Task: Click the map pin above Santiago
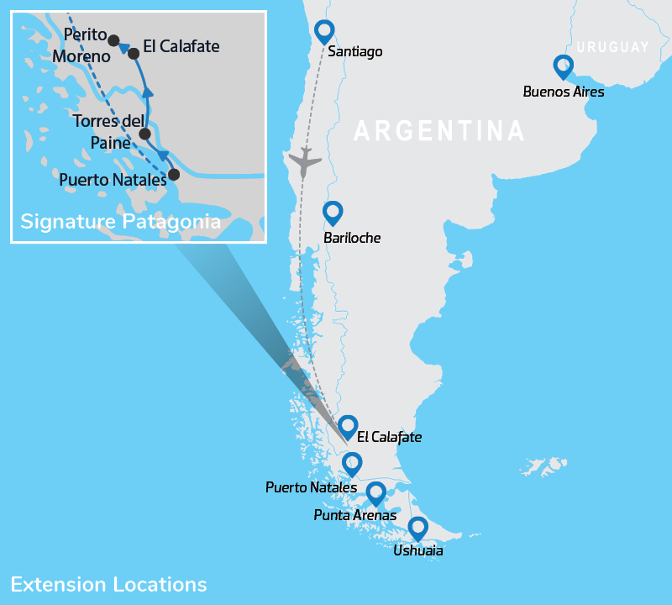point(324,31)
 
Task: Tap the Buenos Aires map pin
point(563,66)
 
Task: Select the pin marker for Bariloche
point(333,212)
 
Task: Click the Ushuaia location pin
point(417,527)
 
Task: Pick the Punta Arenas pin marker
point(375,492)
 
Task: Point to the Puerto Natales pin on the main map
point(352,463)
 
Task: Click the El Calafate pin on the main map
point(348,426)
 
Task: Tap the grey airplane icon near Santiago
point(303,160)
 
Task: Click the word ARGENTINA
point(439,131)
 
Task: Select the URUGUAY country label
point(613,47)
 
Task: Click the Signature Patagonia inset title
point(120,222)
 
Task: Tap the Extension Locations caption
point(108,584)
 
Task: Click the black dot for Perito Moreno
point(113,40)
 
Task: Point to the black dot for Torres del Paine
point(144,134)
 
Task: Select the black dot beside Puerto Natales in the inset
point(174,175)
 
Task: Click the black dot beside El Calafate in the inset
point(133,53)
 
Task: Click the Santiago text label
point(355,52)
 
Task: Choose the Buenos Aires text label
point(563,92)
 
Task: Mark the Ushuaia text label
point(417,551)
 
